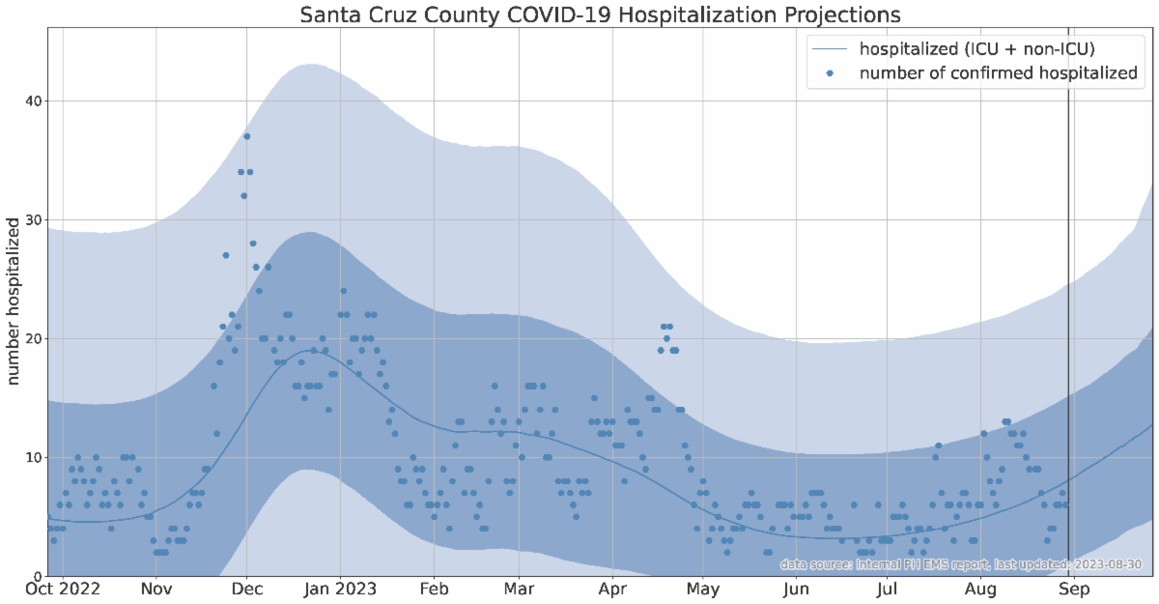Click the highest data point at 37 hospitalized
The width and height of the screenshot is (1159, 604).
coord(247,136)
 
